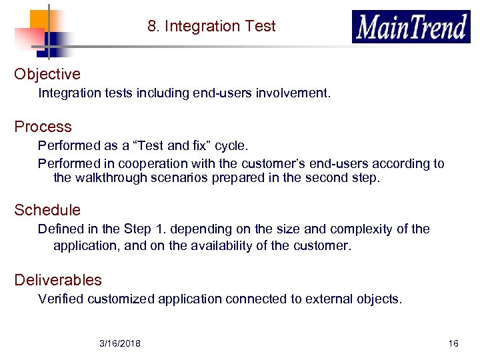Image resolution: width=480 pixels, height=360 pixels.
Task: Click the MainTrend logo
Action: (411, 27)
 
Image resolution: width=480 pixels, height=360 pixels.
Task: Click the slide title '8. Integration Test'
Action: (211, 26)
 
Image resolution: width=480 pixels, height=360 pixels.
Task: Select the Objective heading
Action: (47, 74)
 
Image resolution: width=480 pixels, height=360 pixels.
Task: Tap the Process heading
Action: (43, 127)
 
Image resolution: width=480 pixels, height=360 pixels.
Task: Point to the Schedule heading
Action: (47, 210)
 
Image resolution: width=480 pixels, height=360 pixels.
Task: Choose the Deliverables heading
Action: (58, 280)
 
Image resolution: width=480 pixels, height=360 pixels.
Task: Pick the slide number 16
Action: (453, 343)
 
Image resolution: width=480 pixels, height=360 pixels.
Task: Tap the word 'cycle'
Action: (233, 145)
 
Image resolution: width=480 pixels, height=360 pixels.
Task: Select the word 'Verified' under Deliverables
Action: (61, 299)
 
